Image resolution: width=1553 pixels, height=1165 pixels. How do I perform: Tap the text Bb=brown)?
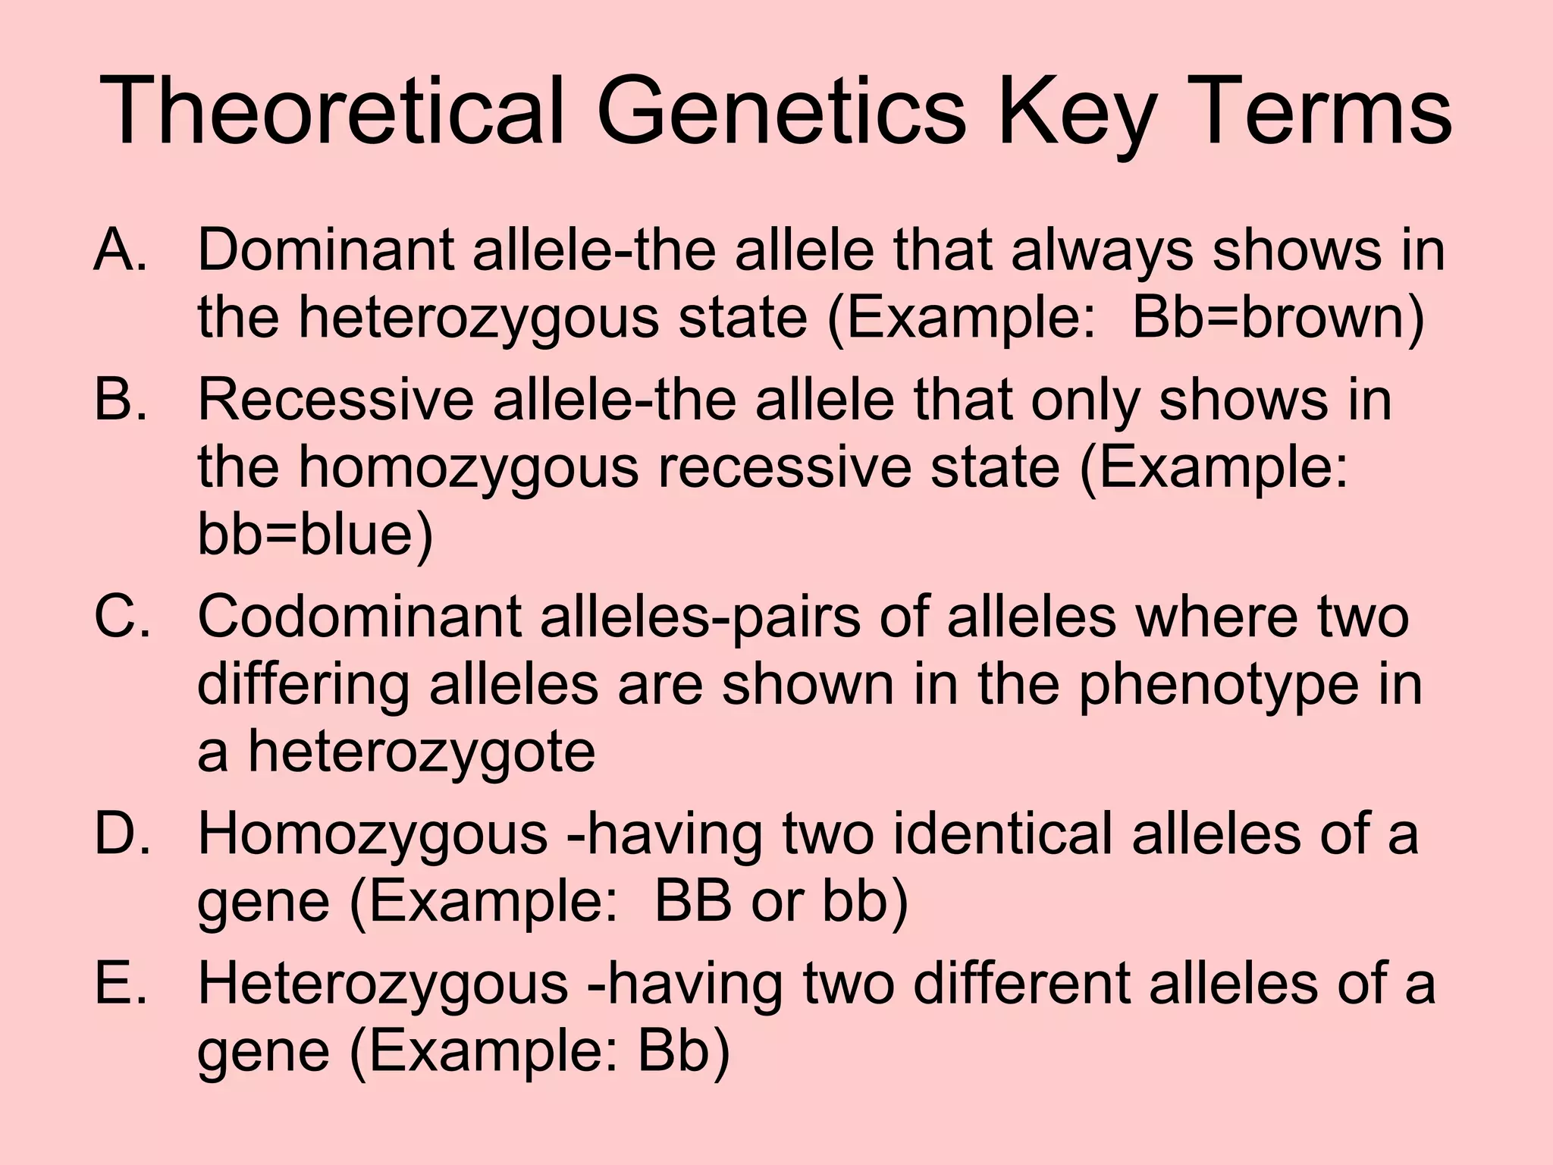[1278, 317]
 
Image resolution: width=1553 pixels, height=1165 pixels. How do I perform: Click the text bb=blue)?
[315, 533]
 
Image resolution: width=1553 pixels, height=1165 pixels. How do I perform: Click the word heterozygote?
[422, 753]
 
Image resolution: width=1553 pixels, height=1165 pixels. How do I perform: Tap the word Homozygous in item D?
[372, 834]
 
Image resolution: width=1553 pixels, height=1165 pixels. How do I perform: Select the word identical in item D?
[1001, 834]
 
